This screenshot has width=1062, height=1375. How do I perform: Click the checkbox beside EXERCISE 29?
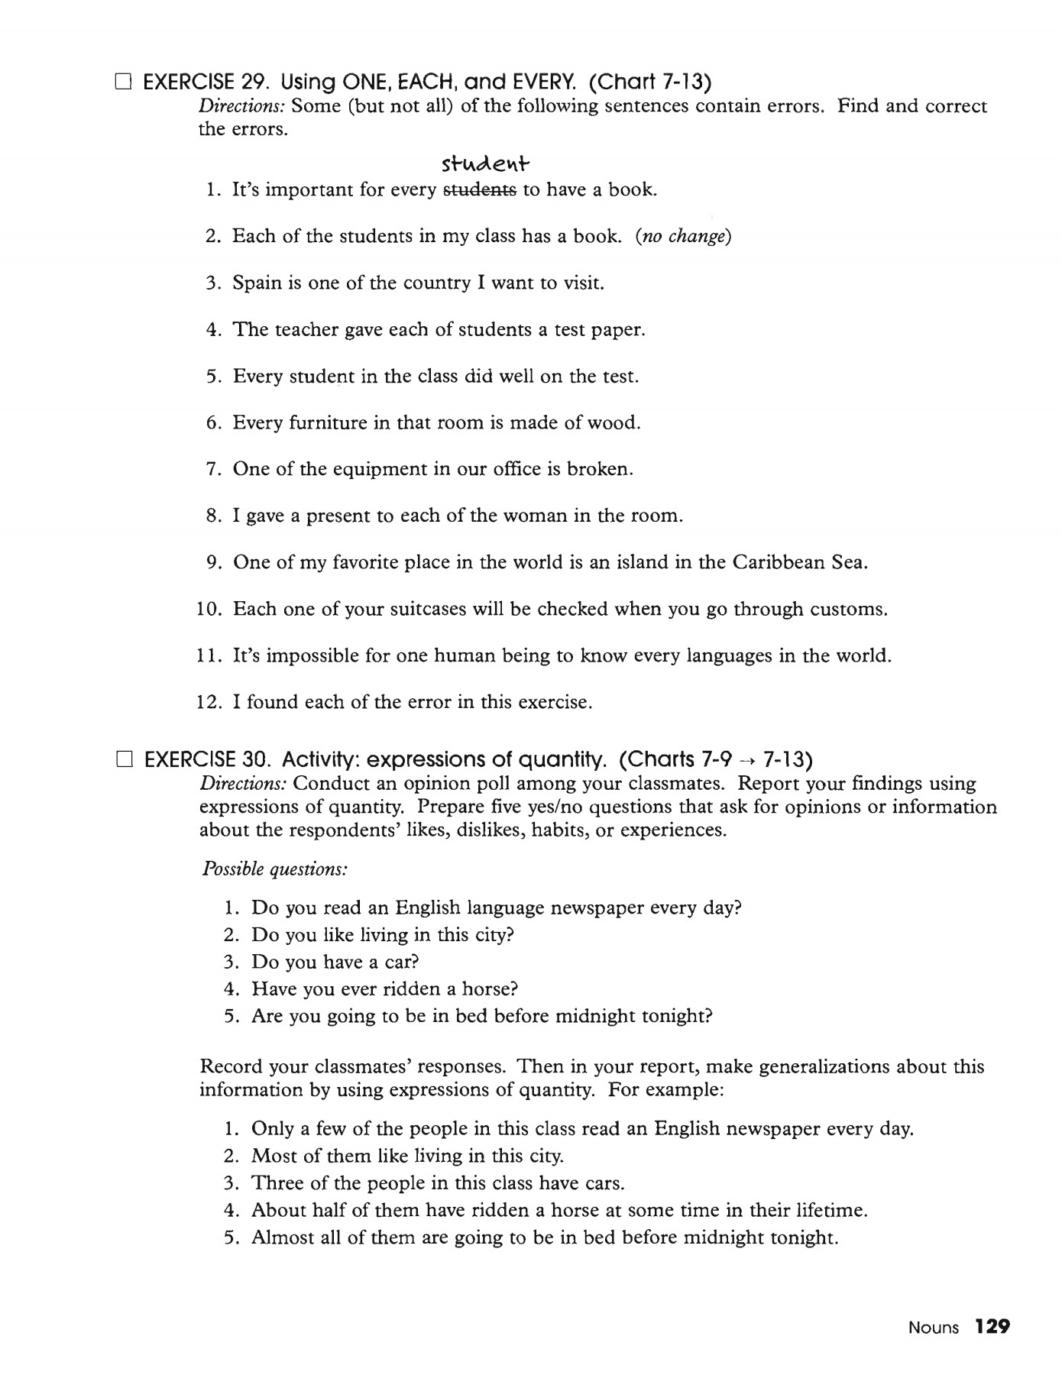click(123, 82)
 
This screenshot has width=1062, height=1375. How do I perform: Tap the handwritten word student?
click(485, 164)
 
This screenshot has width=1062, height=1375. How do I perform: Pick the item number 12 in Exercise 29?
click(209, 703)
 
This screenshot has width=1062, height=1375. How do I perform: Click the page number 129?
click(992, 1327)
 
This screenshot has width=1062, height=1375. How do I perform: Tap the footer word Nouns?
click(933, 1328)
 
